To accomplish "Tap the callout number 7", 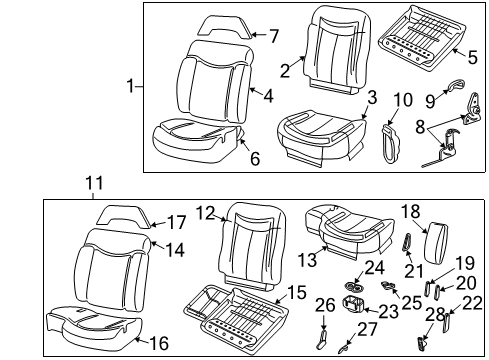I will click(x=274, y=36).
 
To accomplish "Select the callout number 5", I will click(x=458, y=55).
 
